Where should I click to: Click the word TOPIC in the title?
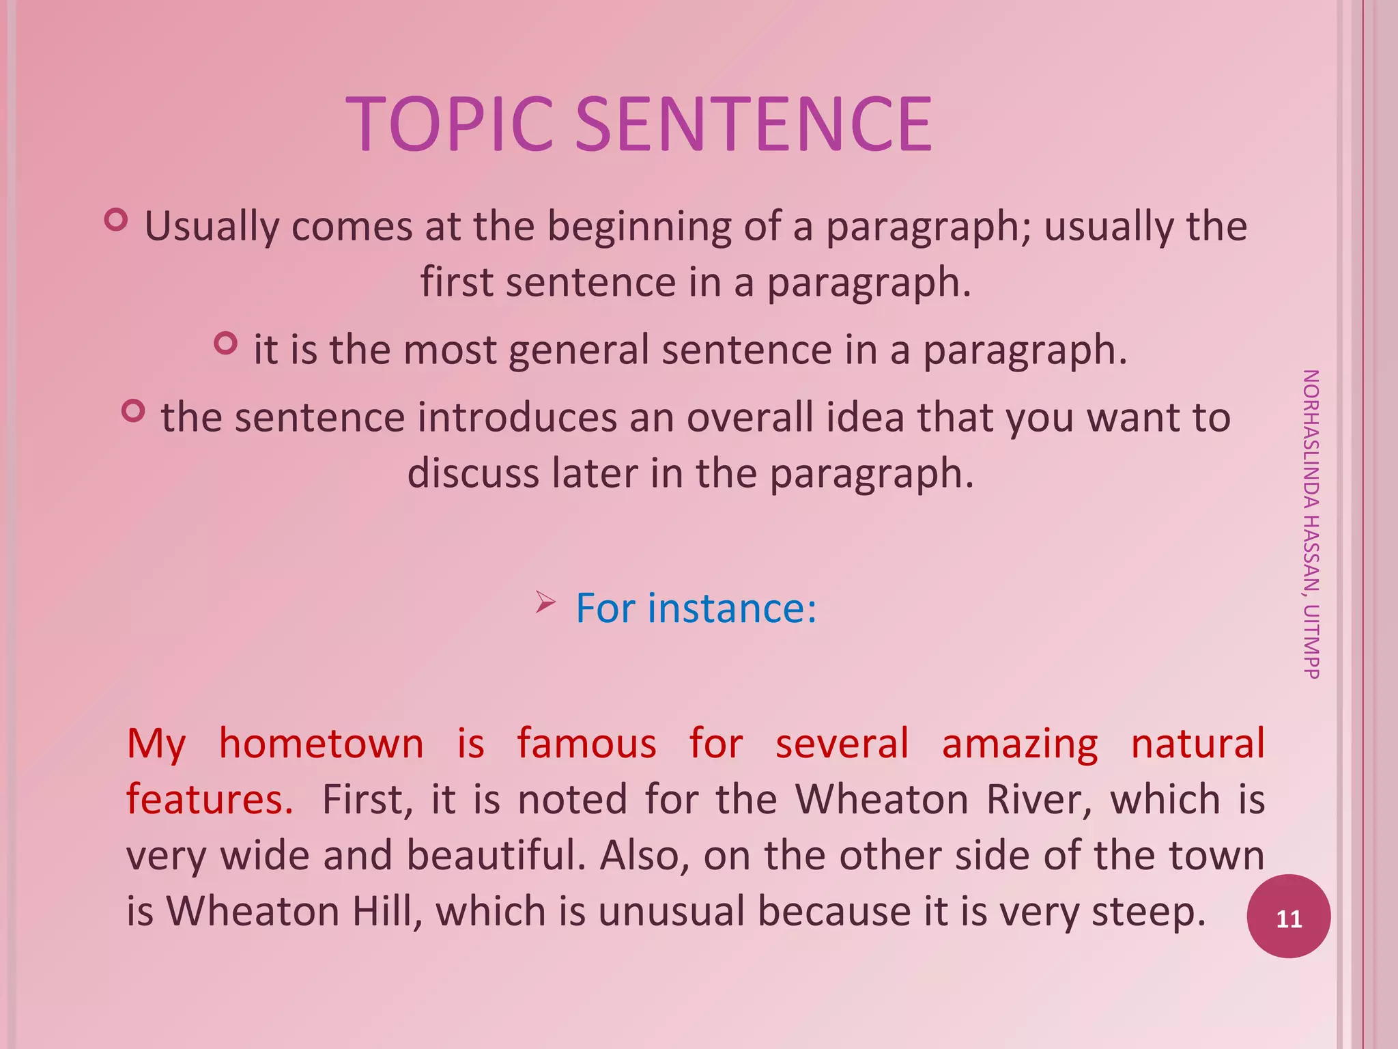pyautogui.click(x=449, y=124)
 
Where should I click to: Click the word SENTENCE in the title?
pyautogui.click(x=754, y=124)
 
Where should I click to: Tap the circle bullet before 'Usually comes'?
pyautogui.click(x=116, y=220)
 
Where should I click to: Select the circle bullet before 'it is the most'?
pyautogui.click(x=225, y=343)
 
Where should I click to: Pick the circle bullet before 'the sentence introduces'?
pyautogui.click(x=133, y=411)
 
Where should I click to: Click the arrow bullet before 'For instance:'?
pyautogui.click(x=545, y=602)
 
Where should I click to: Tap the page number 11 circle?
pyautogui.click(x=1288, y=917)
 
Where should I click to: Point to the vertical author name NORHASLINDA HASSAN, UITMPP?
pyautogui.click(x=1311, y=524)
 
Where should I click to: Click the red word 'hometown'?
pyautogui.click(x=321, y=744)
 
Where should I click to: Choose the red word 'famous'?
pyautogui.click(x=586, y=744)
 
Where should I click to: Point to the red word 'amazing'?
pyautogui.click(x=1020, y=744)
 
